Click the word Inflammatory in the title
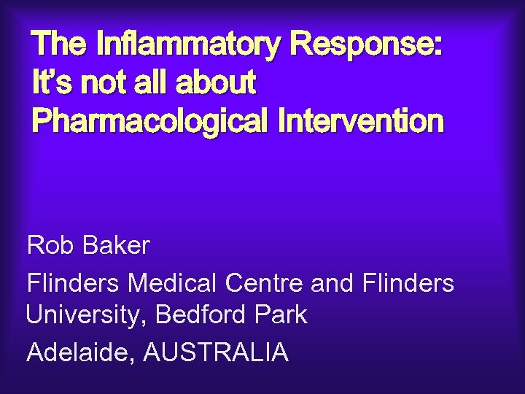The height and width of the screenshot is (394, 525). point(187,46)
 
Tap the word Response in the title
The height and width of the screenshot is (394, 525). point(365,46)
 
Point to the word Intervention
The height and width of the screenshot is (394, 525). point(360,120)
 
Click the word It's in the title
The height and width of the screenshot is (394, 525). point(53,83)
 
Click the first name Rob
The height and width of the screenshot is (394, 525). point(50,246)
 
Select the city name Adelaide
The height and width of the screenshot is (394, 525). point(79,352)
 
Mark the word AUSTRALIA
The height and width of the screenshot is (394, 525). point(216,352)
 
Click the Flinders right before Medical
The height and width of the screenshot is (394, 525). point(73,282)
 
